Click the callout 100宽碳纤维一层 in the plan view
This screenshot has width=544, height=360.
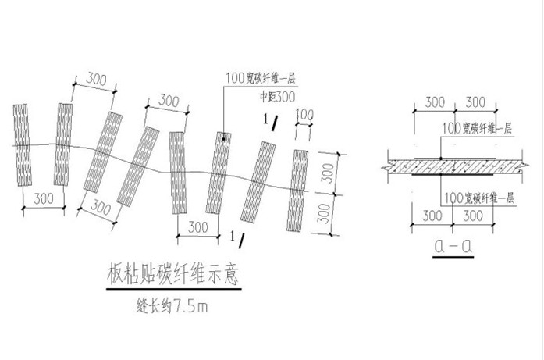(x=261, y=78)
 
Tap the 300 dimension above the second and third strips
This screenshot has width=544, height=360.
(x=95, y=79)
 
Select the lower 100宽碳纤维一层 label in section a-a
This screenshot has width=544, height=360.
(x=478, y=198)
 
